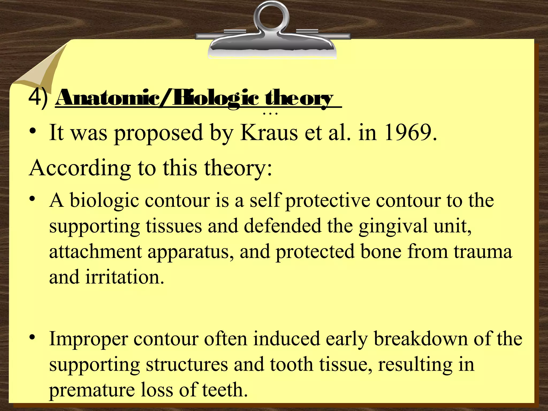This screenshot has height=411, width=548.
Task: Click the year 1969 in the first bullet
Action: (x=409, y=133)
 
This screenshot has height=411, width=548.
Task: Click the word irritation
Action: (x=124, y=277)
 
